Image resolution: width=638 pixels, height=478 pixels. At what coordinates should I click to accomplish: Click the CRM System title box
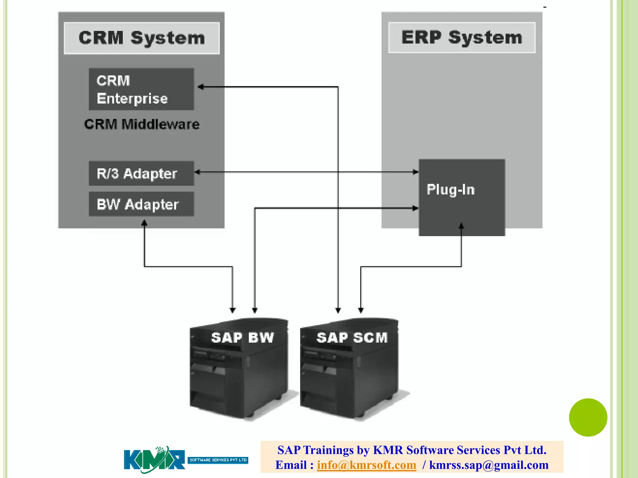[x=142, y=38]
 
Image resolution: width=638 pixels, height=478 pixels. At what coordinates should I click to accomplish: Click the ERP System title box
[x=462, y=38]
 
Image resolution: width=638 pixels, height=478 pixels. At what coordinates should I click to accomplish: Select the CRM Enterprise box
[x=141, y=89]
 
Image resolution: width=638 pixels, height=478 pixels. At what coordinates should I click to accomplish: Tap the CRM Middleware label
[x=142, y=124]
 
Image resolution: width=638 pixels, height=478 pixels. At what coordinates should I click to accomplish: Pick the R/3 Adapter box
[x=141, y=173]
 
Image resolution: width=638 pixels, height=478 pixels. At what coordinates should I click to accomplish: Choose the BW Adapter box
[x=141, y=204]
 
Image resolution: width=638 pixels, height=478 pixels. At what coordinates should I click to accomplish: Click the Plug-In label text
[x=450, y=190]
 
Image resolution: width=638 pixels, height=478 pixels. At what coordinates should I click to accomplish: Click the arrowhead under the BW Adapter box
[x=144, y=223]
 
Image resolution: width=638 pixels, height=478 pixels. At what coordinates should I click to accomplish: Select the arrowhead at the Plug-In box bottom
[x=461, y=226]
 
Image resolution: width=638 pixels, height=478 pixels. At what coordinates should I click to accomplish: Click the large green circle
[x=588, y=417]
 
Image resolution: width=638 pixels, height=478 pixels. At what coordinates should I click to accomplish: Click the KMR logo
[x=154, y=460]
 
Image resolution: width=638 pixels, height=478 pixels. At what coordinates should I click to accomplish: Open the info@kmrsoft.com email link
[x=366, y=465]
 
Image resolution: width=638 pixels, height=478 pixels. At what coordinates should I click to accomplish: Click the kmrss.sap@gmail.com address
[x=488, y=465]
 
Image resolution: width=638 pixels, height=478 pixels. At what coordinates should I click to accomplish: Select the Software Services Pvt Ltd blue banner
[x=218, y=460]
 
